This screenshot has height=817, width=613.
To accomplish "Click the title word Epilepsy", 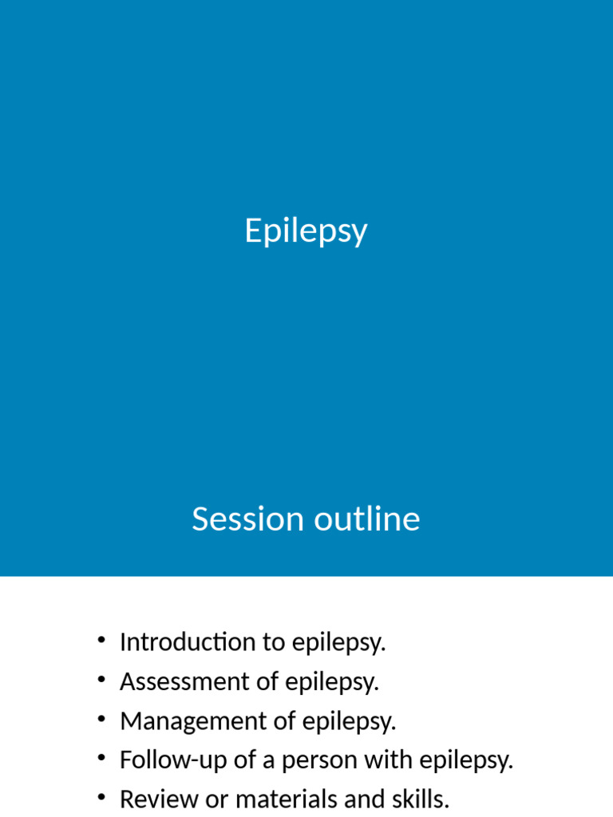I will tap(306, 232).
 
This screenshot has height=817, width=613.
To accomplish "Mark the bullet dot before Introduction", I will tap(101, 640).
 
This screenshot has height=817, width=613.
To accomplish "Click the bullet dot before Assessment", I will tap(101, 680).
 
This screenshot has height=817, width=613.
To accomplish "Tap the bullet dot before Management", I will tap(101, 719).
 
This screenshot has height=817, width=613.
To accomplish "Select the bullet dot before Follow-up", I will tap(101, 758).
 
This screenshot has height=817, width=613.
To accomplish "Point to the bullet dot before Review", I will tap(101, 797).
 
